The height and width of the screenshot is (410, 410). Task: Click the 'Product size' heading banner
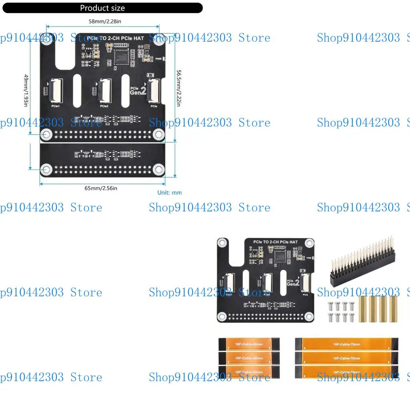coord(102,8)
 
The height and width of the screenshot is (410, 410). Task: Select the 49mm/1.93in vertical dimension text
coord(26,90)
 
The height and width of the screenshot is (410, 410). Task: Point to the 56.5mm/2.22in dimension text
coord(179,88)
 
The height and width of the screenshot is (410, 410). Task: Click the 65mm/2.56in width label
coord(101,188)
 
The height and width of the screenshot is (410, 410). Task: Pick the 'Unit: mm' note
coord(169,193)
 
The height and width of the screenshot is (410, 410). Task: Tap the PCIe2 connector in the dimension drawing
coord(105,89)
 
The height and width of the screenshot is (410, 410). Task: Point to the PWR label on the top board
coord(159,59)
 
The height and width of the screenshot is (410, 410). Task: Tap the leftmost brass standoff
coord(363,309)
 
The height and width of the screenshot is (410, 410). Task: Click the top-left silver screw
coord(330,305)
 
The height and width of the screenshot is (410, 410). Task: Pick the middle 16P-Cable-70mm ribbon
coord(347,358)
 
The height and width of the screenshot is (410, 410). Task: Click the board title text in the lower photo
coord(275,242)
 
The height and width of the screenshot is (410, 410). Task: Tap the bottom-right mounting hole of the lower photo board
coord(308,316)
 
